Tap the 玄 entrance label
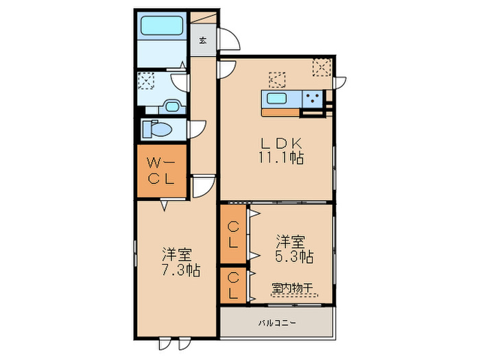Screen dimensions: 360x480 point(203,40)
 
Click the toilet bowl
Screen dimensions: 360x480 point(158,129)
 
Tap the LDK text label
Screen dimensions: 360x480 point(277,143)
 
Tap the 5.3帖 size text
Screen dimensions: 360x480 point(295,257)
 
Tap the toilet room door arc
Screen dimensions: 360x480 point(197,128)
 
